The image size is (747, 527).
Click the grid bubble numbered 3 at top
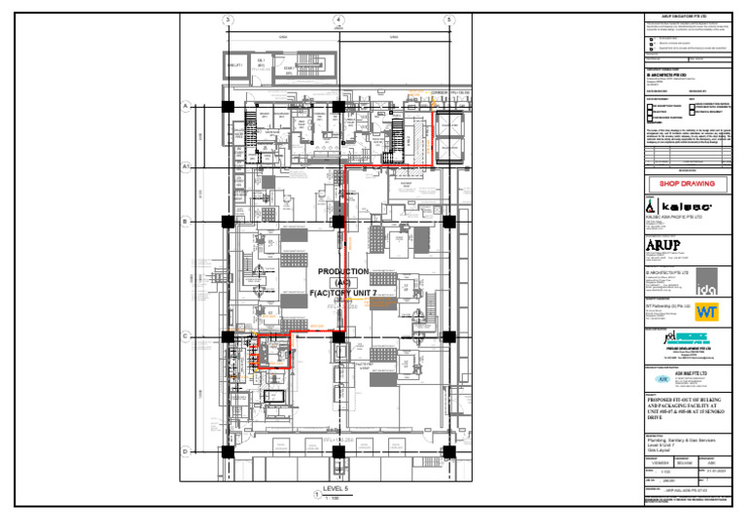click(228, 19)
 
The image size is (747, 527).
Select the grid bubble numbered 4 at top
click(338, 19)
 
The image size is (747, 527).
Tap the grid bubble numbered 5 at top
click(449, 19)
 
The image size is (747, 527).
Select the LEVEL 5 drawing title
click(335, 489)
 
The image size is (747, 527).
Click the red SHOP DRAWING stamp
click(687, 183)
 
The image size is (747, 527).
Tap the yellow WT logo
click(706, 312)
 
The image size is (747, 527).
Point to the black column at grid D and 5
click(449, 452)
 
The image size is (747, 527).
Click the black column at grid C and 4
click(338, 336)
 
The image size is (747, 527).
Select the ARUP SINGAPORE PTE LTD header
click(687, 17)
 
